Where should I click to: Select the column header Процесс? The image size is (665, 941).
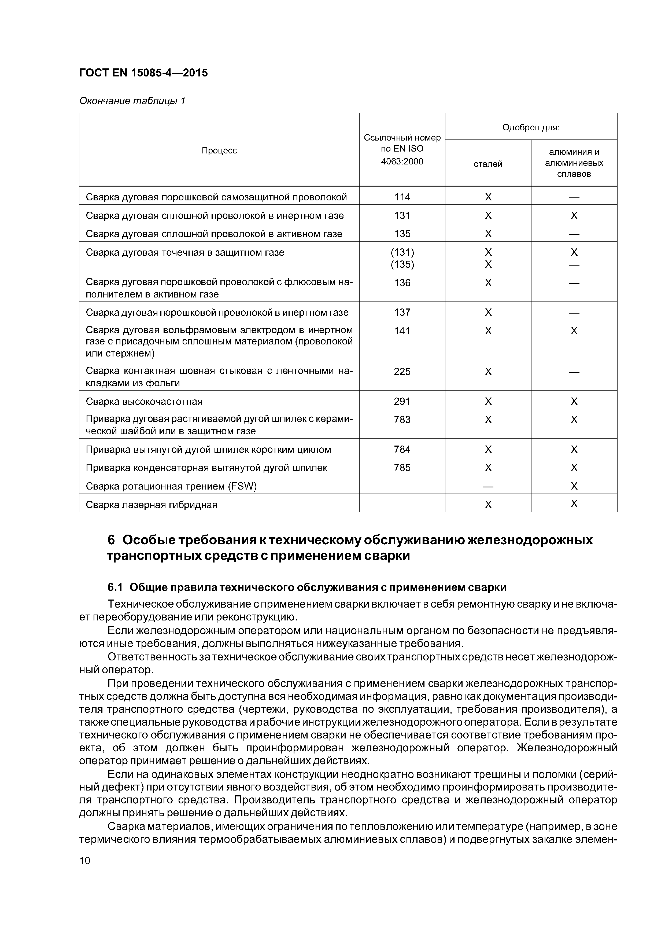pyautogui.click(x=219, y=150)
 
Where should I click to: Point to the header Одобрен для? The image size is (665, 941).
pyautogui.click(x=531, y=127)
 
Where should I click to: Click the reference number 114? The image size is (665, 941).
pyautogui.click(x=402, y=197)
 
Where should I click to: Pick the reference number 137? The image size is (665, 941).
pyautogui.click(x=402, y=312)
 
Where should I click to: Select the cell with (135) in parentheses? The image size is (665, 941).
pyautogui.click(x=402, y=264)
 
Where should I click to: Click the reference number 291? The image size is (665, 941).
pyautogui.click(x=402, y=401)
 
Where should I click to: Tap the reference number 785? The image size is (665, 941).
pyautogui.click(x=402, y=468)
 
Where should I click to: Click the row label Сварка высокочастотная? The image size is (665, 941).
pyautogui.click(x=144, y=401)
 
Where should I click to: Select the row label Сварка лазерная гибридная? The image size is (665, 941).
pyautogui.click(x=151, y=505)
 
